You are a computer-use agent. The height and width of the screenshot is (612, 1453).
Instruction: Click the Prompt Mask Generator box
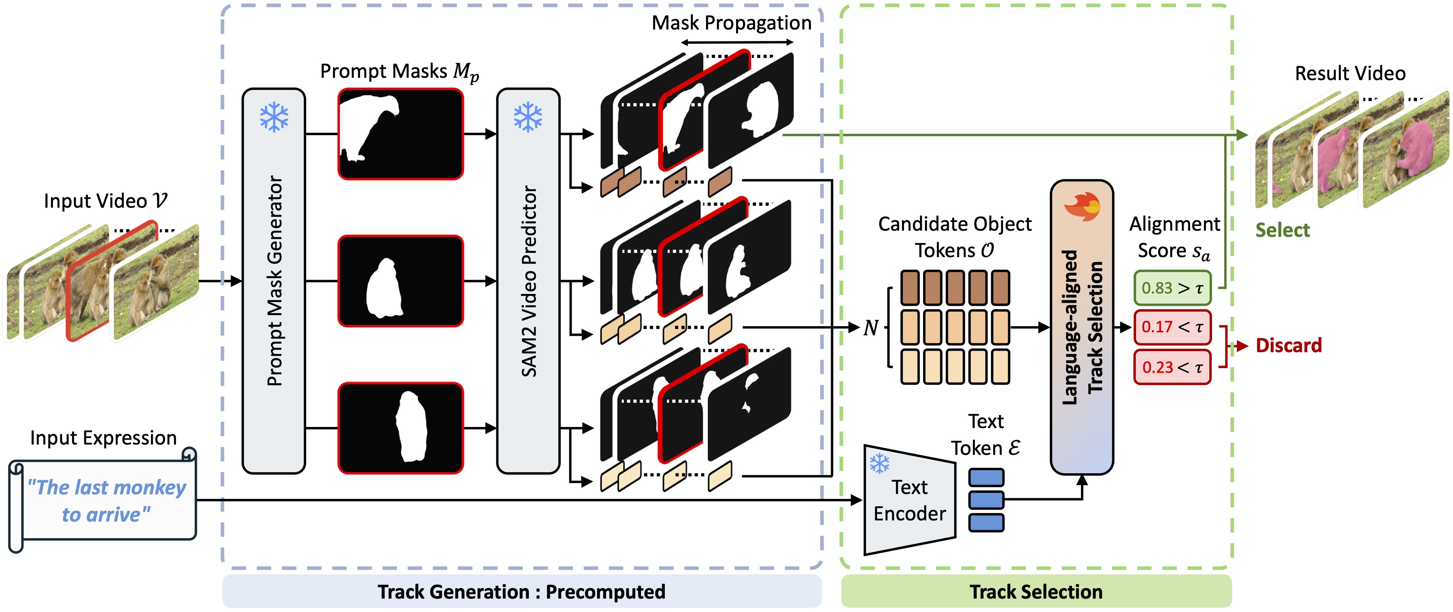274,281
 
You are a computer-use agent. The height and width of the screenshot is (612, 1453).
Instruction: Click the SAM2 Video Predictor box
528,281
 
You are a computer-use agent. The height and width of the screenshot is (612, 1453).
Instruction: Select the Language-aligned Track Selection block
1081,327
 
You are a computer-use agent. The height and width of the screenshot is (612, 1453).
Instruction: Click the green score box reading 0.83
1172,288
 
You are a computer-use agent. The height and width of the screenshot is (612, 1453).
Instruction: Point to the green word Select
1282,230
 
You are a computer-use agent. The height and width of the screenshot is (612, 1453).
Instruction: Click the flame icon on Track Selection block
1082,207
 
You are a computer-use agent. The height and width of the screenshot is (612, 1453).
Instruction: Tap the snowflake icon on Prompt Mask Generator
274,117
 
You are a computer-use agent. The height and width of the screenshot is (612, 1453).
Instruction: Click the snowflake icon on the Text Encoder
879,464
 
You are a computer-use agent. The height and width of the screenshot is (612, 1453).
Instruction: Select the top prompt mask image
400,134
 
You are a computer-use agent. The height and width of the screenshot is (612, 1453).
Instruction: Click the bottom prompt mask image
400,428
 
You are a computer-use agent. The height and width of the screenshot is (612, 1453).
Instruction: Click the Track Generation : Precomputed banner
522,592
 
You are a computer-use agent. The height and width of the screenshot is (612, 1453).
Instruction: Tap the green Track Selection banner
1036,592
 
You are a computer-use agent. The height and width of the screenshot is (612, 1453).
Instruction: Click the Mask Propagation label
731,23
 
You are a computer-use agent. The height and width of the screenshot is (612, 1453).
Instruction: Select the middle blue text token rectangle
986,500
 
